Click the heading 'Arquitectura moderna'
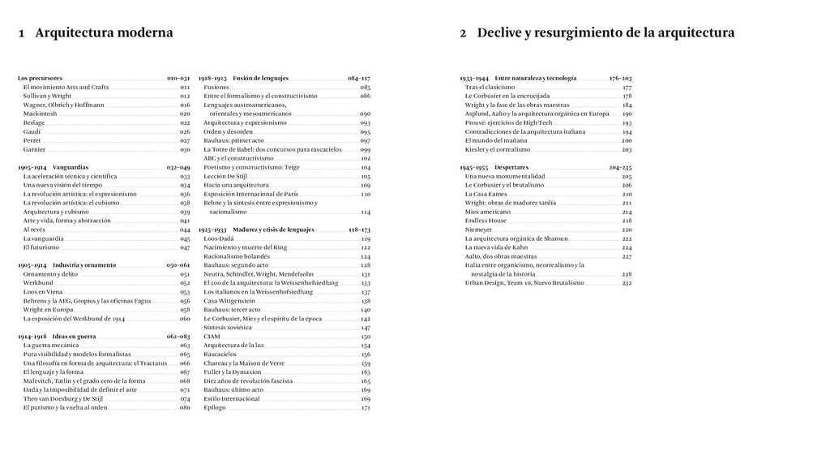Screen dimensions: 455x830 105,33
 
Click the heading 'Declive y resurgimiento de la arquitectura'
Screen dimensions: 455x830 605,33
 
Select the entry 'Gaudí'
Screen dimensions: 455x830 32,131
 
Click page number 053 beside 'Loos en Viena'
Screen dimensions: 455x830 185,292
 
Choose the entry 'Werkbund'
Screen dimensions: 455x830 38,283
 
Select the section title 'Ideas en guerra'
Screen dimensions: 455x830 75,336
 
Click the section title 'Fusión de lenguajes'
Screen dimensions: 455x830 260,78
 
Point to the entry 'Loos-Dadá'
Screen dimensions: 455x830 219,238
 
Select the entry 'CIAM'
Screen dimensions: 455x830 212,336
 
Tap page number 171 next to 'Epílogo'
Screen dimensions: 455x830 366,407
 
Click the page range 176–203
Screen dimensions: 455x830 620,78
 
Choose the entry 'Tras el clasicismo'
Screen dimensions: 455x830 490,87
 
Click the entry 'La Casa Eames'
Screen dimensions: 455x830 486,194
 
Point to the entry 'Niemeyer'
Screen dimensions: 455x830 478,230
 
